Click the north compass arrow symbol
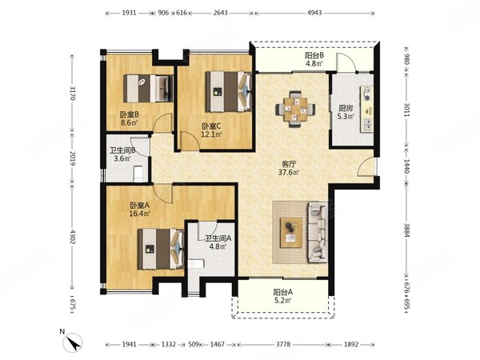[x=73, y=342]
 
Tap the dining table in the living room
[x=295, y=110]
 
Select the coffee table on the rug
[x=291, y=232]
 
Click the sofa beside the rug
[x=318, y=232]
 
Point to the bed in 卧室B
[x=148, y=89]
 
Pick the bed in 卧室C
[x=228, y=91]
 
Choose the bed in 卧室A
[x=161, y=249]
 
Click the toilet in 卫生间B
[x=138, y=174]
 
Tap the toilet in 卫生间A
[x=196, y=263]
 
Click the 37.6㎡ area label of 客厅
[x=289, y=172]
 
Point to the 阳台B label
[x=314, y=56]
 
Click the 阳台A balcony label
[x=283, y=292]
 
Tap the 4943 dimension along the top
[x=314, y=13]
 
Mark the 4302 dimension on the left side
[x=73, y=237]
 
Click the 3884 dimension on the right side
[x=406, y=230]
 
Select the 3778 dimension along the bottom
[x=283, y=344]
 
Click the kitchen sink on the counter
[x=366, y=124]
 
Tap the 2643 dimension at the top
[x=220, y=13]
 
